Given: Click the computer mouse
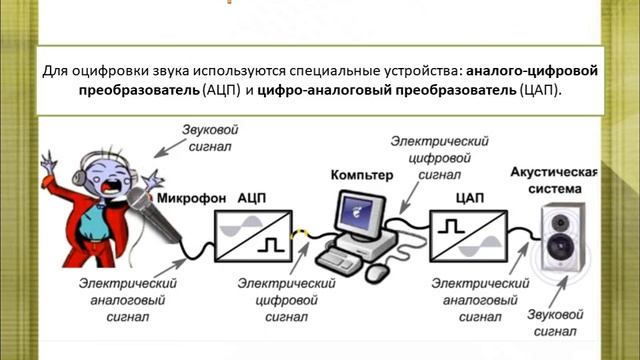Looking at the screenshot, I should coord(377,272).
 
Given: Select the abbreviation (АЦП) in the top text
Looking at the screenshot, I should coord(221,90).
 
